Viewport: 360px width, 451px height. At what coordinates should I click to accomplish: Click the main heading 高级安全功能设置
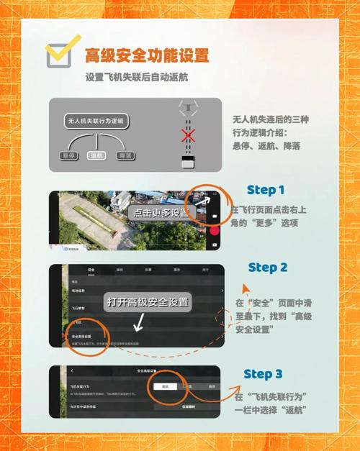pos(147,55)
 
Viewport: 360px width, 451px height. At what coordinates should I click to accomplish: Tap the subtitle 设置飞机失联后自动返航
pos(137,77)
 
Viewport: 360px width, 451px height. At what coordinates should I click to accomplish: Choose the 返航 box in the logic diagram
pos(94,155)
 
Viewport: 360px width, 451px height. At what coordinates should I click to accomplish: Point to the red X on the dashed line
pos(189,135)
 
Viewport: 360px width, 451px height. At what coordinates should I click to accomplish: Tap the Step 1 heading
pos(266,191)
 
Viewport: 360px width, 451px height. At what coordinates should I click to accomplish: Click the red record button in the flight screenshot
pos(214,230)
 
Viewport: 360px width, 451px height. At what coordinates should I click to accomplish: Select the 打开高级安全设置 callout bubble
pos(148,302)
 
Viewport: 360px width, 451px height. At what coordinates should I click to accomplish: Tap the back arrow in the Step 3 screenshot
pos(72,370)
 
